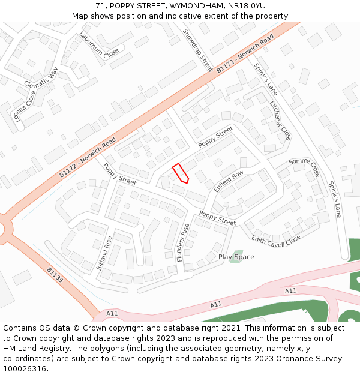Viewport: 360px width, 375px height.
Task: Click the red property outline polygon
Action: [x=181, y=173]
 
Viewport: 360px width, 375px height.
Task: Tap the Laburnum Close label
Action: [x=99, y=46]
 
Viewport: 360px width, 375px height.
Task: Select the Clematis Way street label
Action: [x=41, y=77]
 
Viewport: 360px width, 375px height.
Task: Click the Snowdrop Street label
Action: [x=197, y=50]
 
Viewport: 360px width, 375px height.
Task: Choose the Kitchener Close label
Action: [x=280, y=120]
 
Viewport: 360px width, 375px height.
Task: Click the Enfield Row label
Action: [x=229, y=181]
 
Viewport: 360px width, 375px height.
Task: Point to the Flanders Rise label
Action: [x=183, y=242]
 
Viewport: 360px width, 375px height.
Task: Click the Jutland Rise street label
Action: [x=104, y=253]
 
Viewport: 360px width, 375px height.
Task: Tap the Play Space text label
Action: [x=236, y=257]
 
